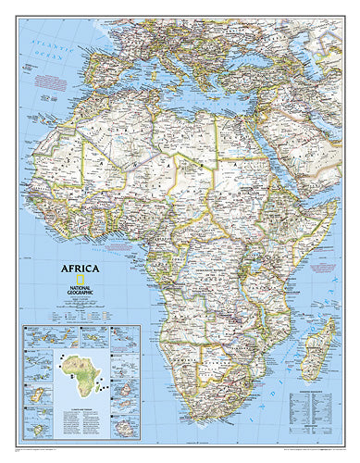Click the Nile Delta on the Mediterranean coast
pos(244,109)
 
